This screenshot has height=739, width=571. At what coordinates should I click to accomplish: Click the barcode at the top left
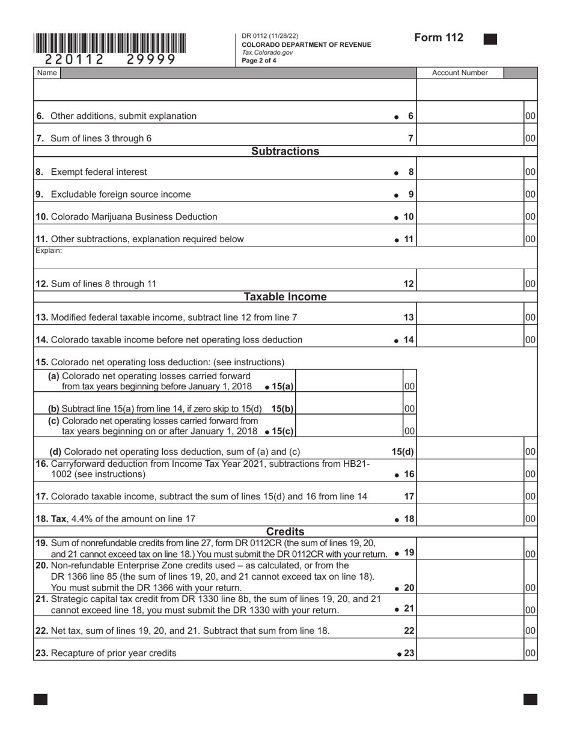click(109, 44)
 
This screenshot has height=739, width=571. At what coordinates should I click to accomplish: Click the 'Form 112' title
click(439, 38)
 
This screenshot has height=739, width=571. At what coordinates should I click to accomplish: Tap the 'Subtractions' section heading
click(285, 151)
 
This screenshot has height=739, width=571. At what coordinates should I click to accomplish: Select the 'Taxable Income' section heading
click(285, 297)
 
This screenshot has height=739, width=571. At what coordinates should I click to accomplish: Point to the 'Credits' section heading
click(285, 532)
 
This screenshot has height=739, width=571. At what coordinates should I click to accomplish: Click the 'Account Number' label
click(460, 73)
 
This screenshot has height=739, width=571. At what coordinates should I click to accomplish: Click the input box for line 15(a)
click(349, 386)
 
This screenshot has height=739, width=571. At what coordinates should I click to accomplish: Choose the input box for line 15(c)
click(349, 430)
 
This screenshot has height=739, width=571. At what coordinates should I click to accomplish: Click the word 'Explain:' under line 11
click(49, 251)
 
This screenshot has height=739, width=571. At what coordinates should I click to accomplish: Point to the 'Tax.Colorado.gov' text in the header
click(267, 53)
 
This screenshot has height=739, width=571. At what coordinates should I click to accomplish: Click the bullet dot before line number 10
click(397, 217)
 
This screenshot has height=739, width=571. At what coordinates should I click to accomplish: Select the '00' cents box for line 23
click(530, 653)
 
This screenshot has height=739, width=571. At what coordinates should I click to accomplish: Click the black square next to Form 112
click(490, 39)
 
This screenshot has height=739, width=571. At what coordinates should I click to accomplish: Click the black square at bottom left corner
click(40, 699)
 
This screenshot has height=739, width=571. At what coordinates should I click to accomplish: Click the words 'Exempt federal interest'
click(99, 172)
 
